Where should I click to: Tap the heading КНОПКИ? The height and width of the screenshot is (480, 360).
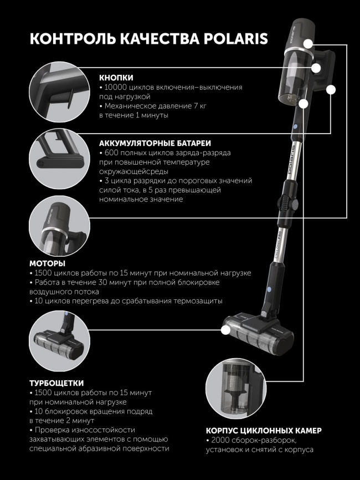pos(116,78)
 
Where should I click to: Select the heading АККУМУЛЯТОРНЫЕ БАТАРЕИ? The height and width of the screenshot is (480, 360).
pos(155,143)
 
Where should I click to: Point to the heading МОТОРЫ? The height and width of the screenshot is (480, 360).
pos(47,263)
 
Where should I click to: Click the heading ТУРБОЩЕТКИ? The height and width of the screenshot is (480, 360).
pos(56,382)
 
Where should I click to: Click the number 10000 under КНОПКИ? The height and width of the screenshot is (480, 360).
pos(115,88)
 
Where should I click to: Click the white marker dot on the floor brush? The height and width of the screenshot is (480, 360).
pos(225,329)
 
